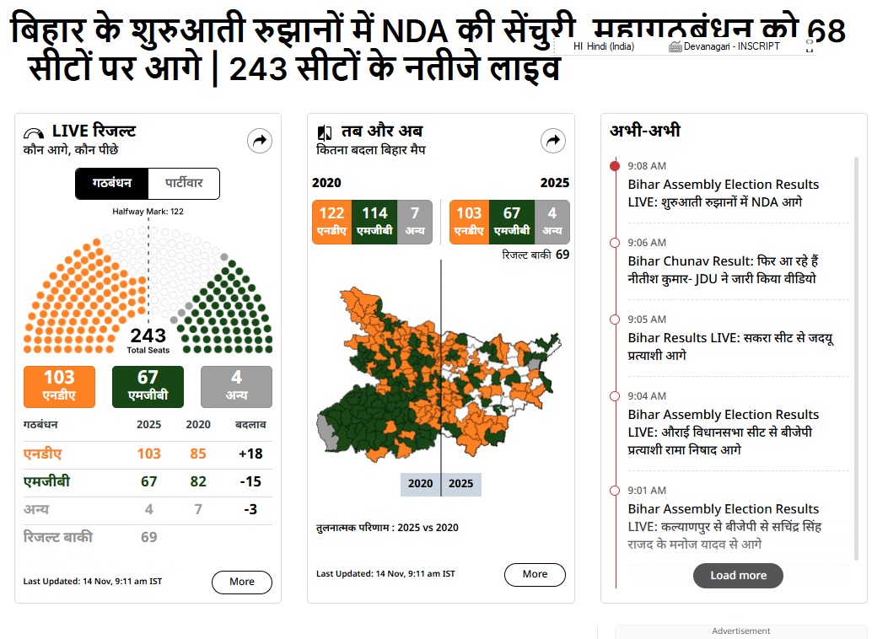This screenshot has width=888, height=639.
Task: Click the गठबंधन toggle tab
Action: (111, 184)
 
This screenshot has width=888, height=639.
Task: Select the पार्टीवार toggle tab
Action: (183, 184)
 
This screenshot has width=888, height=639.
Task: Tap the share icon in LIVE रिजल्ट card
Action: (260, 141)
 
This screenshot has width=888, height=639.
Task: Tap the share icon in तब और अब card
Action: (553, 141)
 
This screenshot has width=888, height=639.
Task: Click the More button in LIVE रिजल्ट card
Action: (241, 582)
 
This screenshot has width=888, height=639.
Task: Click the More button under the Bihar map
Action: (535, 574)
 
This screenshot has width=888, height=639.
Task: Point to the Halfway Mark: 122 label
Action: (148, 212)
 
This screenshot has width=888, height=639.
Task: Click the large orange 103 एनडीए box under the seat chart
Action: (60, 386)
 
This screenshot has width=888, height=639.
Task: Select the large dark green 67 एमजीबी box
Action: (148, 386)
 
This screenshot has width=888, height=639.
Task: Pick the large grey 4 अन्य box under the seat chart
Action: (236, 386)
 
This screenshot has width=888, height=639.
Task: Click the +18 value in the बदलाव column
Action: (250, 454)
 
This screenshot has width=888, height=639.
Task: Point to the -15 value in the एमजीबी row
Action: (250, 482)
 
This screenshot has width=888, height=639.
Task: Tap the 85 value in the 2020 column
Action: (198, 454)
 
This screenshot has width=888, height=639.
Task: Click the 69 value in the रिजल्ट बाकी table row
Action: (148, 537)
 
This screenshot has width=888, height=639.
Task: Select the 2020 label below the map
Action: (420, 484)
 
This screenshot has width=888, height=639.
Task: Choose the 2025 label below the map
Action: (461, 484)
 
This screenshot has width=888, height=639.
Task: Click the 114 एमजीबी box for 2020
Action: (374, 222)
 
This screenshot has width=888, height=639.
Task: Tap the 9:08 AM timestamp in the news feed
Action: (647, 166)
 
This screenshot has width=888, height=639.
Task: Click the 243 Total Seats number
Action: (148, 338)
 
